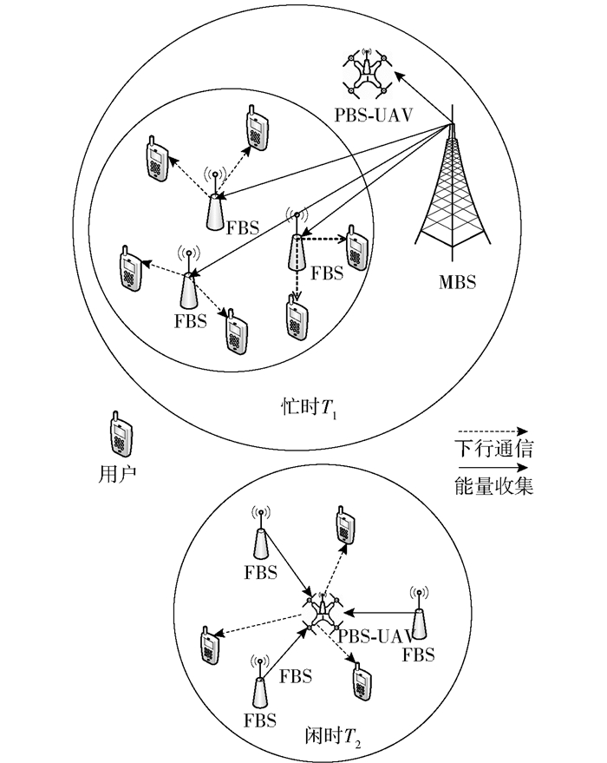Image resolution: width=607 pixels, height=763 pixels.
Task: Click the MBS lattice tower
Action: coord(452,195)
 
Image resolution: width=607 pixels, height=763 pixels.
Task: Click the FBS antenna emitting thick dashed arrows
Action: coord(297,242)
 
